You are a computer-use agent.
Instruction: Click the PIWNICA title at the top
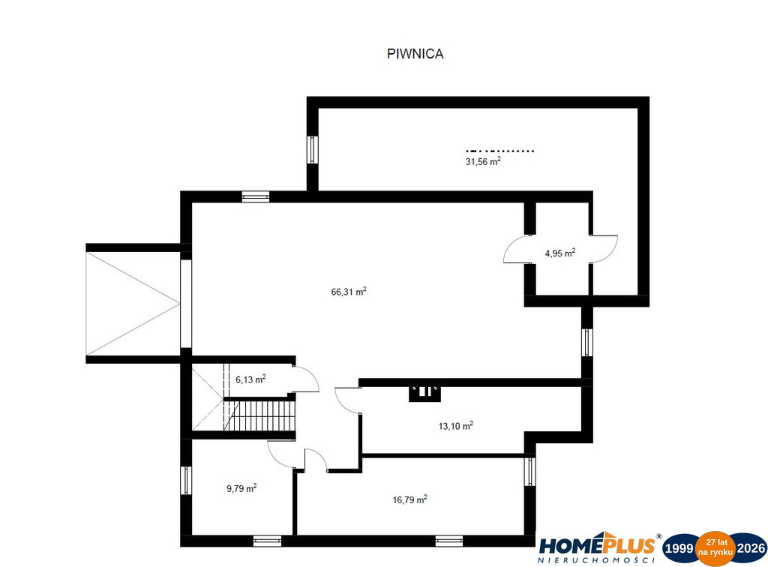(415, 54)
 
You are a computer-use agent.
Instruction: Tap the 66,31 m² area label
(349, 292)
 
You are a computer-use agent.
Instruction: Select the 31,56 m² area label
(483, 161)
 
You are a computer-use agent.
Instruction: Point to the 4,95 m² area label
(559, 253)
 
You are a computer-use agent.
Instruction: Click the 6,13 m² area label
(250, 379)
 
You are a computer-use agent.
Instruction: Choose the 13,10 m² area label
(455, 426)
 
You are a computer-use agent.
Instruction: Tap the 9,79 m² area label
(241, 488)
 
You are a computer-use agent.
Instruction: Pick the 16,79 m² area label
(409, 499)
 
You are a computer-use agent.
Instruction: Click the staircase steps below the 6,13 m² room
(260, 415)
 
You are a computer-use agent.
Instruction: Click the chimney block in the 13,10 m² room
(424, 394)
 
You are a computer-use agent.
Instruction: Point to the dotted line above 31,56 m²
(499, 151)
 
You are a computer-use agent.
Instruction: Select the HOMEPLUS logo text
(597, 545)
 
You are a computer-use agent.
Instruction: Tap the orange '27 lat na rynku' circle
(715, 548)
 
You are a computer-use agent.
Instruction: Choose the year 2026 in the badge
(751, 548)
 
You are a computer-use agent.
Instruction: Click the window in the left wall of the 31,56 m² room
(313, 149)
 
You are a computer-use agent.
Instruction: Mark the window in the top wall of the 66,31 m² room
(256, 196)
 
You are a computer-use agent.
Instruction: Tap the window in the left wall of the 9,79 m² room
(186, 480)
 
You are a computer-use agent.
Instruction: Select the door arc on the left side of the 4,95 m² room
(512, 250)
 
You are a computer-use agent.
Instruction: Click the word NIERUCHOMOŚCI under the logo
(596, 560)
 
